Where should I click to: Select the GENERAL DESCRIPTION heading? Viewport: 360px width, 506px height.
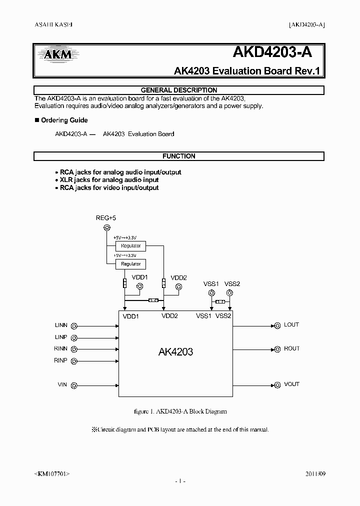[x=179, y=90]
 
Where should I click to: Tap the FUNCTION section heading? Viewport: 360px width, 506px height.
[x=179, y=156]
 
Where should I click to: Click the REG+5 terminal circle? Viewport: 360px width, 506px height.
[x=106, y=228]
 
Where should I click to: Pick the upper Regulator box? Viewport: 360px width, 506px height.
[x=131, y=246]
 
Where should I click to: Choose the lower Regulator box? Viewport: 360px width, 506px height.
[x=131, y=263]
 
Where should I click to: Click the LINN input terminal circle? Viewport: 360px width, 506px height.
[x=74, y=325]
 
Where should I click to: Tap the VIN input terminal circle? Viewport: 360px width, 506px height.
[x=74, y=385]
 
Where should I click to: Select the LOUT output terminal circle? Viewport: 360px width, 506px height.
[x=276, y=325]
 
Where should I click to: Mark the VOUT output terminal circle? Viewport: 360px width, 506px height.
[x=276, y=385]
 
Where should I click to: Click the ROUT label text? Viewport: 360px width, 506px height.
[x=291, y=348]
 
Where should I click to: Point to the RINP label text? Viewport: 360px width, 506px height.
[x=60, y=360]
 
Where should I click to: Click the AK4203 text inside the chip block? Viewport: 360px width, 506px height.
[x=175, y=352]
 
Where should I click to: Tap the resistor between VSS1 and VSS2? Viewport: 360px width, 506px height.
[x=219, y=302]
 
